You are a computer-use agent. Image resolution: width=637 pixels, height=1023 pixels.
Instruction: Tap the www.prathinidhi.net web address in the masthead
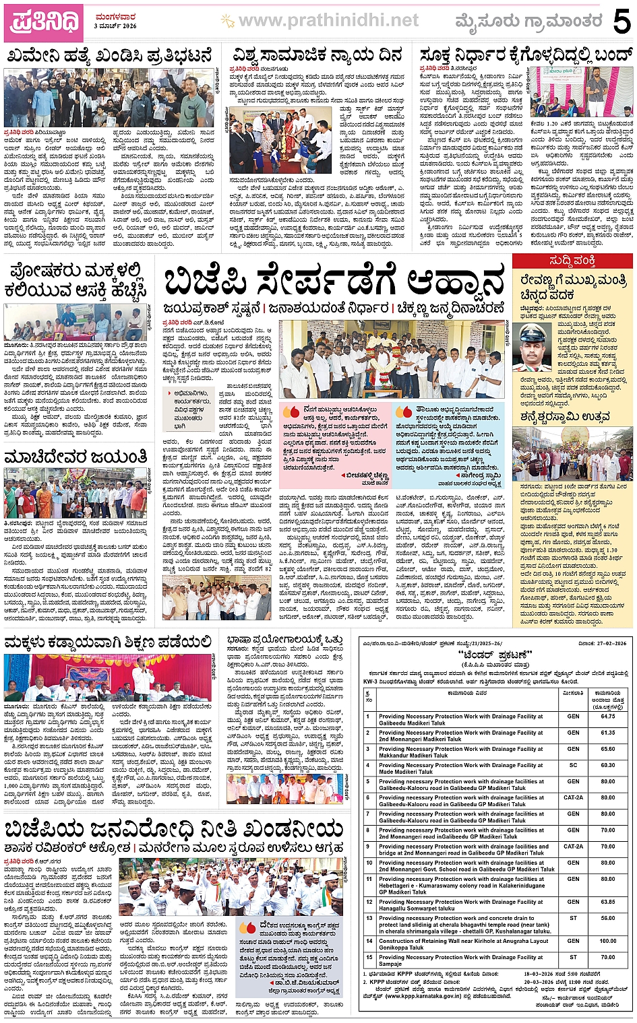coord(328,22)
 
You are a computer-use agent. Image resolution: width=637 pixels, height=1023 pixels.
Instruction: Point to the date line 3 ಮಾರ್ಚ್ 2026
coord(115,26)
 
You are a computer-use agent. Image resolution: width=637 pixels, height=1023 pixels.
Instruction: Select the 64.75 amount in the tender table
coord(607,717)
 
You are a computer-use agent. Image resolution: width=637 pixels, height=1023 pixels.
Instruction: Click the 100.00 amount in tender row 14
coord(607,941)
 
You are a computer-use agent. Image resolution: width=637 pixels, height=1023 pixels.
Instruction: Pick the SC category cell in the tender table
coord(573,765)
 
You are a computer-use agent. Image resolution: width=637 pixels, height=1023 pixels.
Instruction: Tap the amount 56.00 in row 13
coord(607,918)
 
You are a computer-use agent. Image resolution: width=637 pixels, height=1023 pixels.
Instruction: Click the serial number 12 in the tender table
coord(369,902)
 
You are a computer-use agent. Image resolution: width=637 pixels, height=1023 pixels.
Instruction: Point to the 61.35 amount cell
coord(607,733)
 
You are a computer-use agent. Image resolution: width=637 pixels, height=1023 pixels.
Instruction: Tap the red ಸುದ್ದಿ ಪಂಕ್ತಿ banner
coord(572,261)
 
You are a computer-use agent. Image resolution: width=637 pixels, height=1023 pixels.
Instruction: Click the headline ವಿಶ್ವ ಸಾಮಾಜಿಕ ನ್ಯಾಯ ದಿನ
coord(317,55)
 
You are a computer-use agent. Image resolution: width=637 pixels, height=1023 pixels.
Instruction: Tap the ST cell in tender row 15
coord(573,957)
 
